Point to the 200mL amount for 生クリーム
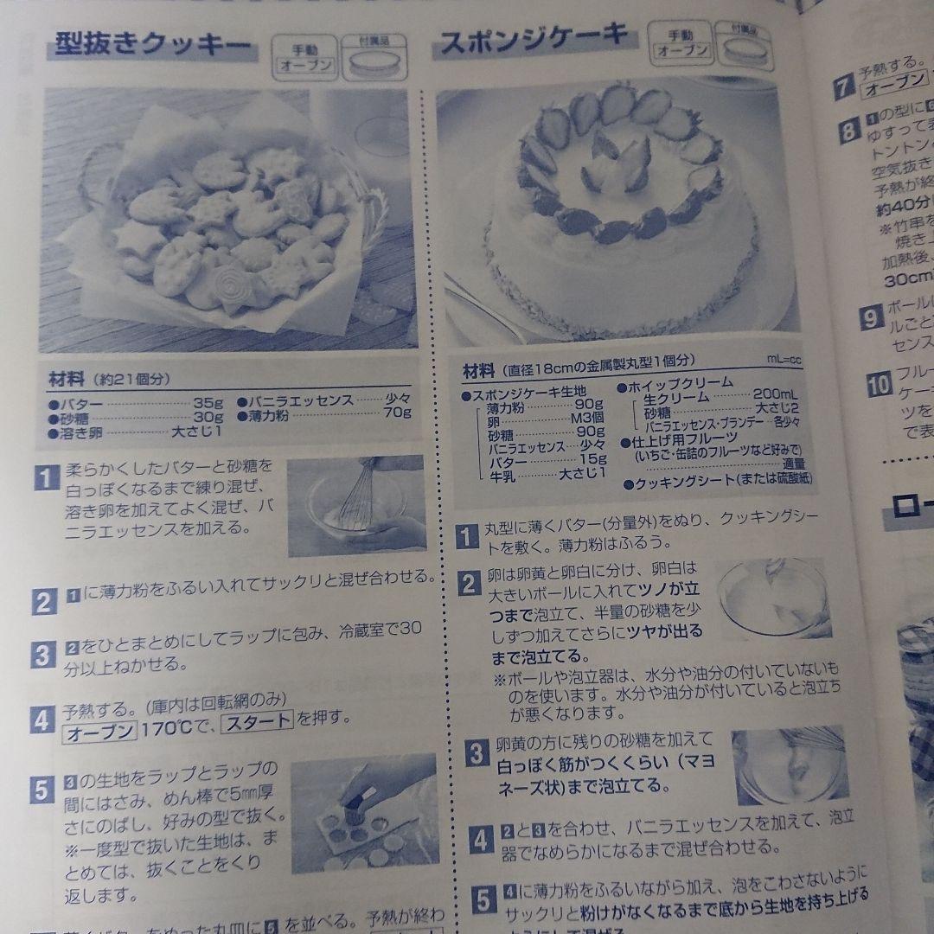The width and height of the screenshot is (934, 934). coord(777,394)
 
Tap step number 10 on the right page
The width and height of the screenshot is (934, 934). coord(878,386)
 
